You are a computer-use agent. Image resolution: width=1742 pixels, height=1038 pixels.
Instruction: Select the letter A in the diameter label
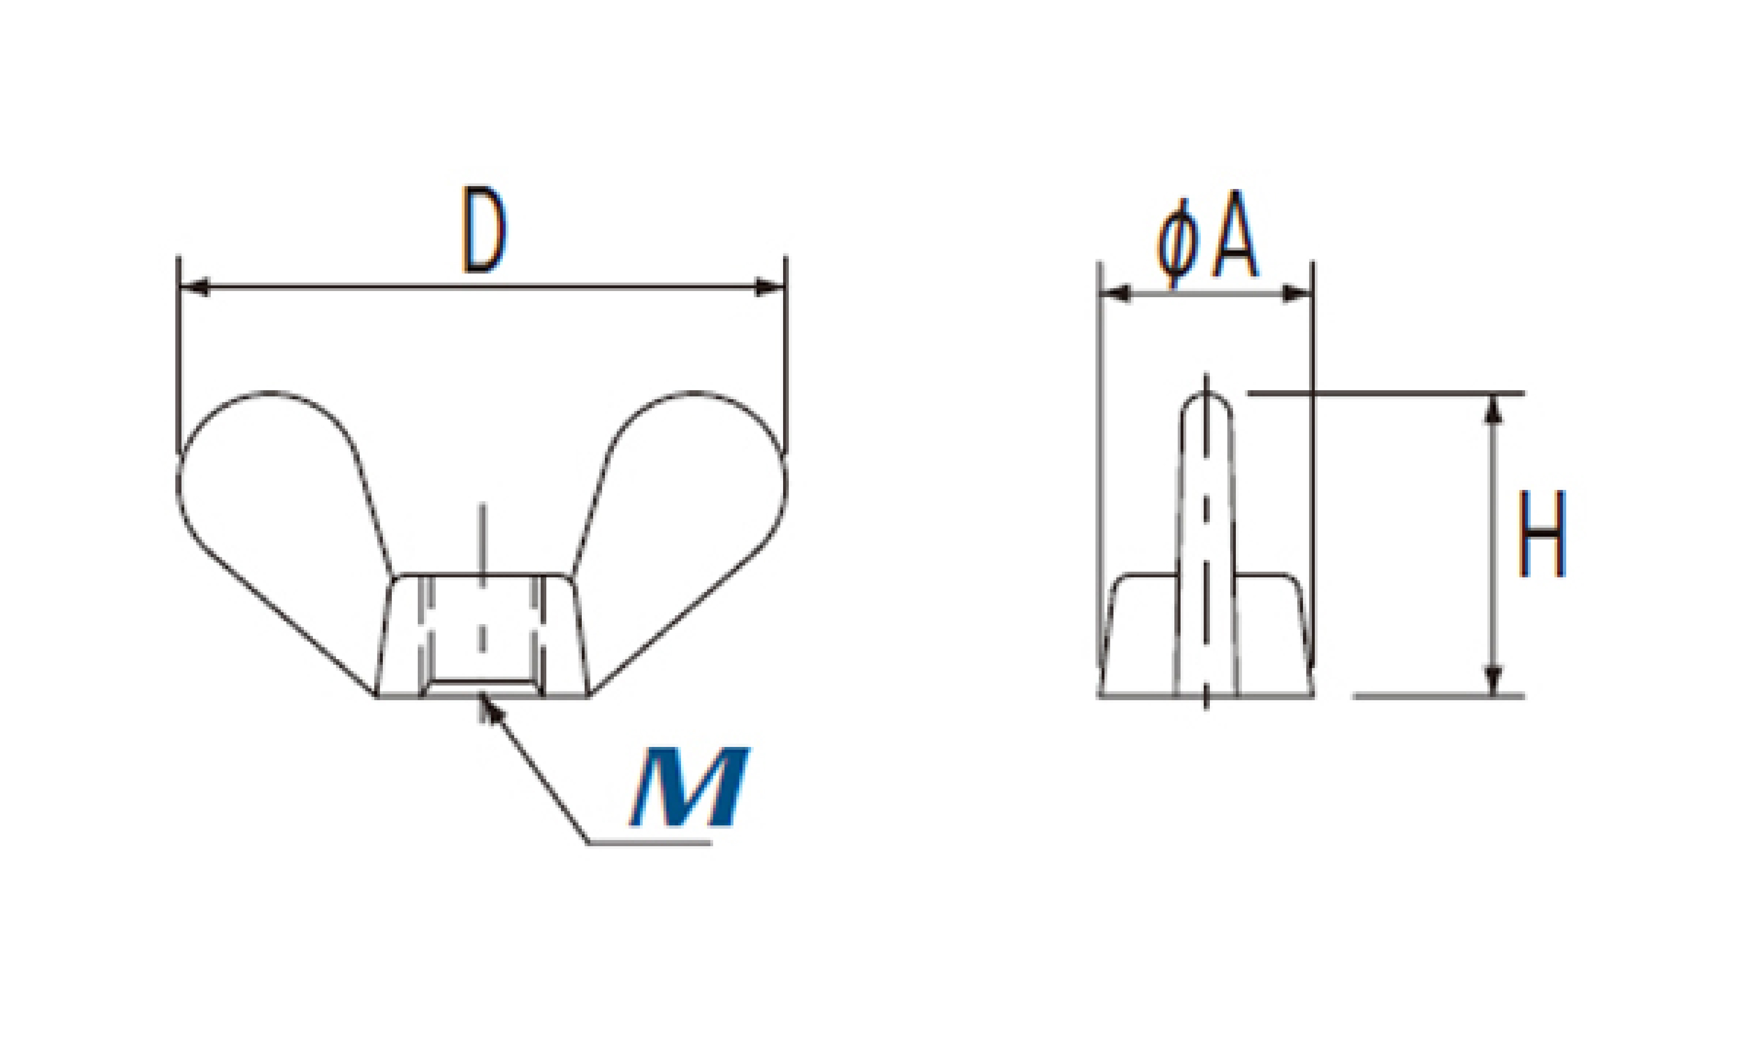coord(1235,233)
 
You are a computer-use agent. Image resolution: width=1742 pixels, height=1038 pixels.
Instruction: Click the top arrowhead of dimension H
coord(1493,409)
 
